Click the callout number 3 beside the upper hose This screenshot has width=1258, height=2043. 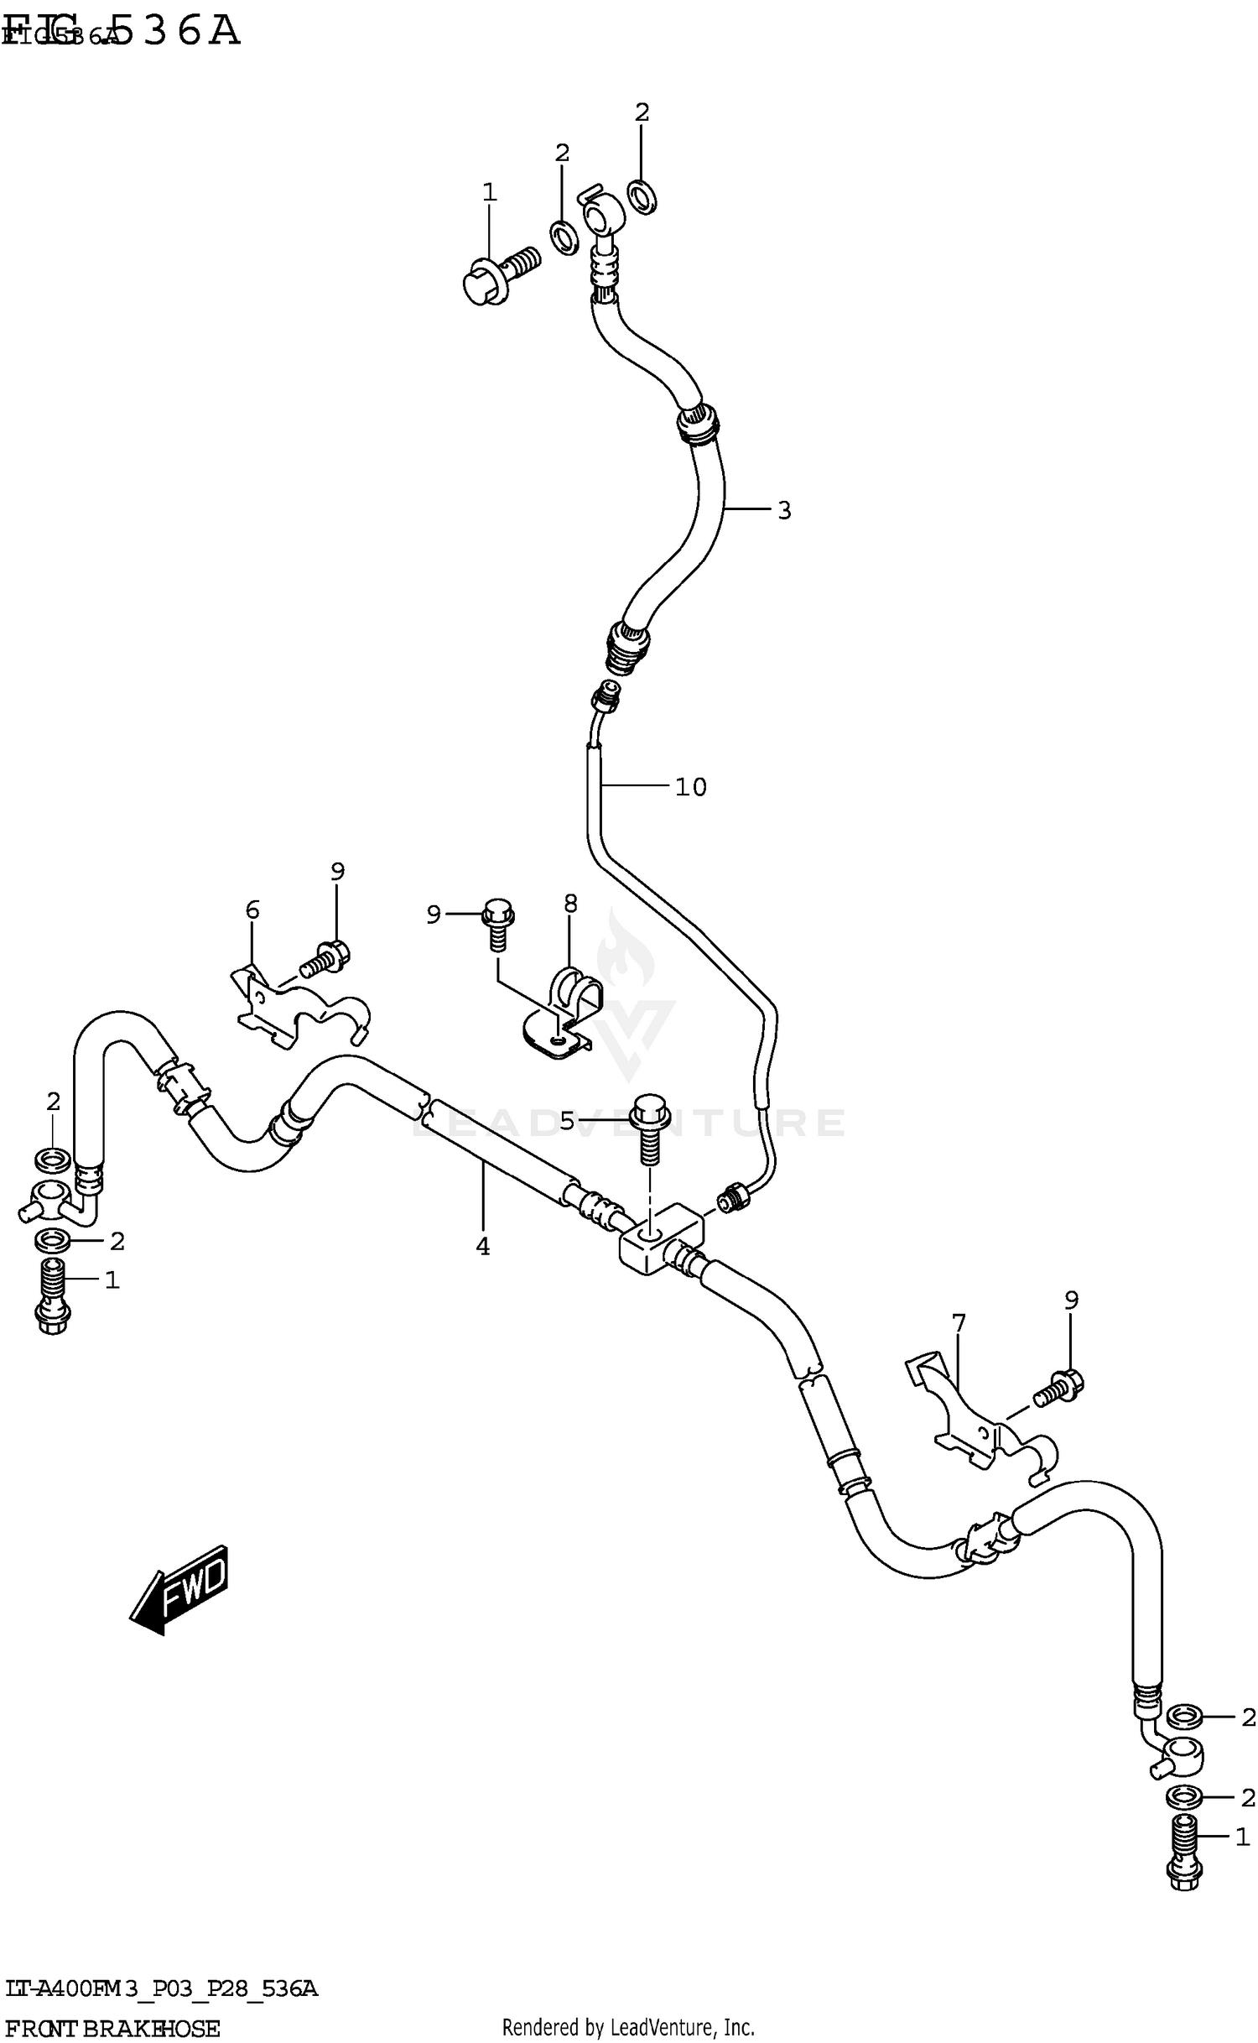tap(783, 510)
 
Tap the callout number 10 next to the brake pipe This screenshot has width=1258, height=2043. tap(691, 787)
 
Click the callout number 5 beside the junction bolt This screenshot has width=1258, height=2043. tap(568, 1121)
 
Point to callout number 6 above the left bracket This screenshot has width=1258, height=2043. tap(252, 909)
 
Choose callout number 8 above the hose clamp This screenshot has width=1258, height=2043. tap(570, 904)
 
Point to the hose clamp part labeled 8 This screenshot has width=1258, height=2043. tap(564, 1014)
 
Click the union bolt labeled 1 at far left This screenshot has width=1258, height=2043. tap(52, 1296)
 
